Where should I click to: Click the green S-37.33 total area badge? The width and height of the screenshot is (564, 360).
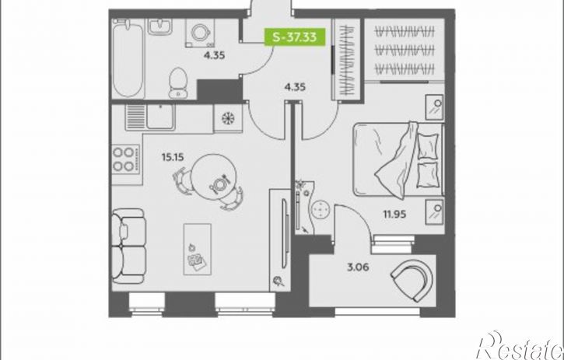click(295, 37)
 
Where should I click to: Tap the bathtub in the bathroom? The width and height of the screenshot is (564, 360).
click(128, 58)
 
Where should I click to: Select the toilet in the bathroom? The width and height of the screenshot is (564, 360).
click(178, 82)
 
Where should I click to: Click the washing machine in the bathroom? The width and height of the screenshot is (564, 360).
click(200, 33)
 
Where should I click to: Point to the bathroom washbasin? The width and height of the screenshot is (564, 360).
click(159, 26)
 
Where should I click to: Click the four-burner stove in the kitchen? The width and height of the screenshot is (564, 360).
click(124, 159)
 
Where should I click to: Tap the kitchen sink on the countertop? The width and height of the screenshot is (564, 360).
click(150, 117)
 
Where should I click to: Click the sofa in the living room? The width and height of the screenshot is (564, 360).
click(128, 246)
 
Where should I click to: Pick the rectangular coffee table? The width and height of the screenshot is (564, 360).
click(197, 250)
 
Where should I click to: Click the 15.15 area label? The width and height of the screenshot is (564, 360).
click(173, 157)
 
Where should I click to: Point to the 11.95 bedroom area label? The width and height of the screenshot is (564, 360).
click(394, 215)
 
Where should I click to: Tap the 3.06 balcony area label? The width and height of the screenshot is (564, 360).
click(359, 267)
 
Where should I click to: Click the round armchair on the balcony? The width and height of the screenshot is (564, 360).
click(413, 281)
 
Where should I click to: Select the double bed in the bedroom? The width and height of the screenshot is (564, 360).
click(398, 160)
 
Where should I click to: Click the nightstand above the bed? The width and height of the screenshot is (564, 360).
click(435, 107)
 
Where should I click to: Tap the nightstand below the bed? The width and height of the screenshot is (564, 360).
click(435, 211)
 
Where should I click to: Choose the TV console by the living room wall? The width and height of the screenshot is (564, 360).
click(280, 240)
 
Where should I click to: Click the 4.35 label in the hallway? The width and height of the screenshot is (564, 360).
click(295, 87)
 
